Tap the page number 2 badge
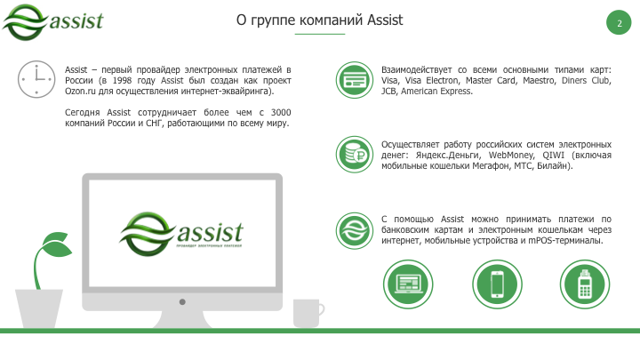click(x=619, y=23)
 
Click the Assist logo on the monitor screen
click(x=181, y=233)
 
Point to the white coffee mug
click(x=307, y=313)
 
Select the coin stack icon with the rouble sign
click(x=356, y=153)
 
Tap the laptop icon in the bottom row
click(x=409, y=284)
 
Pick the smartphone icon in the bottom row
click(x=498, y=284)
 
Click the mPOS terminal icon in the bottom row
click(x=586, y=284)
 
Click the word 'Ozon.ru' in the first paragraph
click(x=81, y=91)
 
